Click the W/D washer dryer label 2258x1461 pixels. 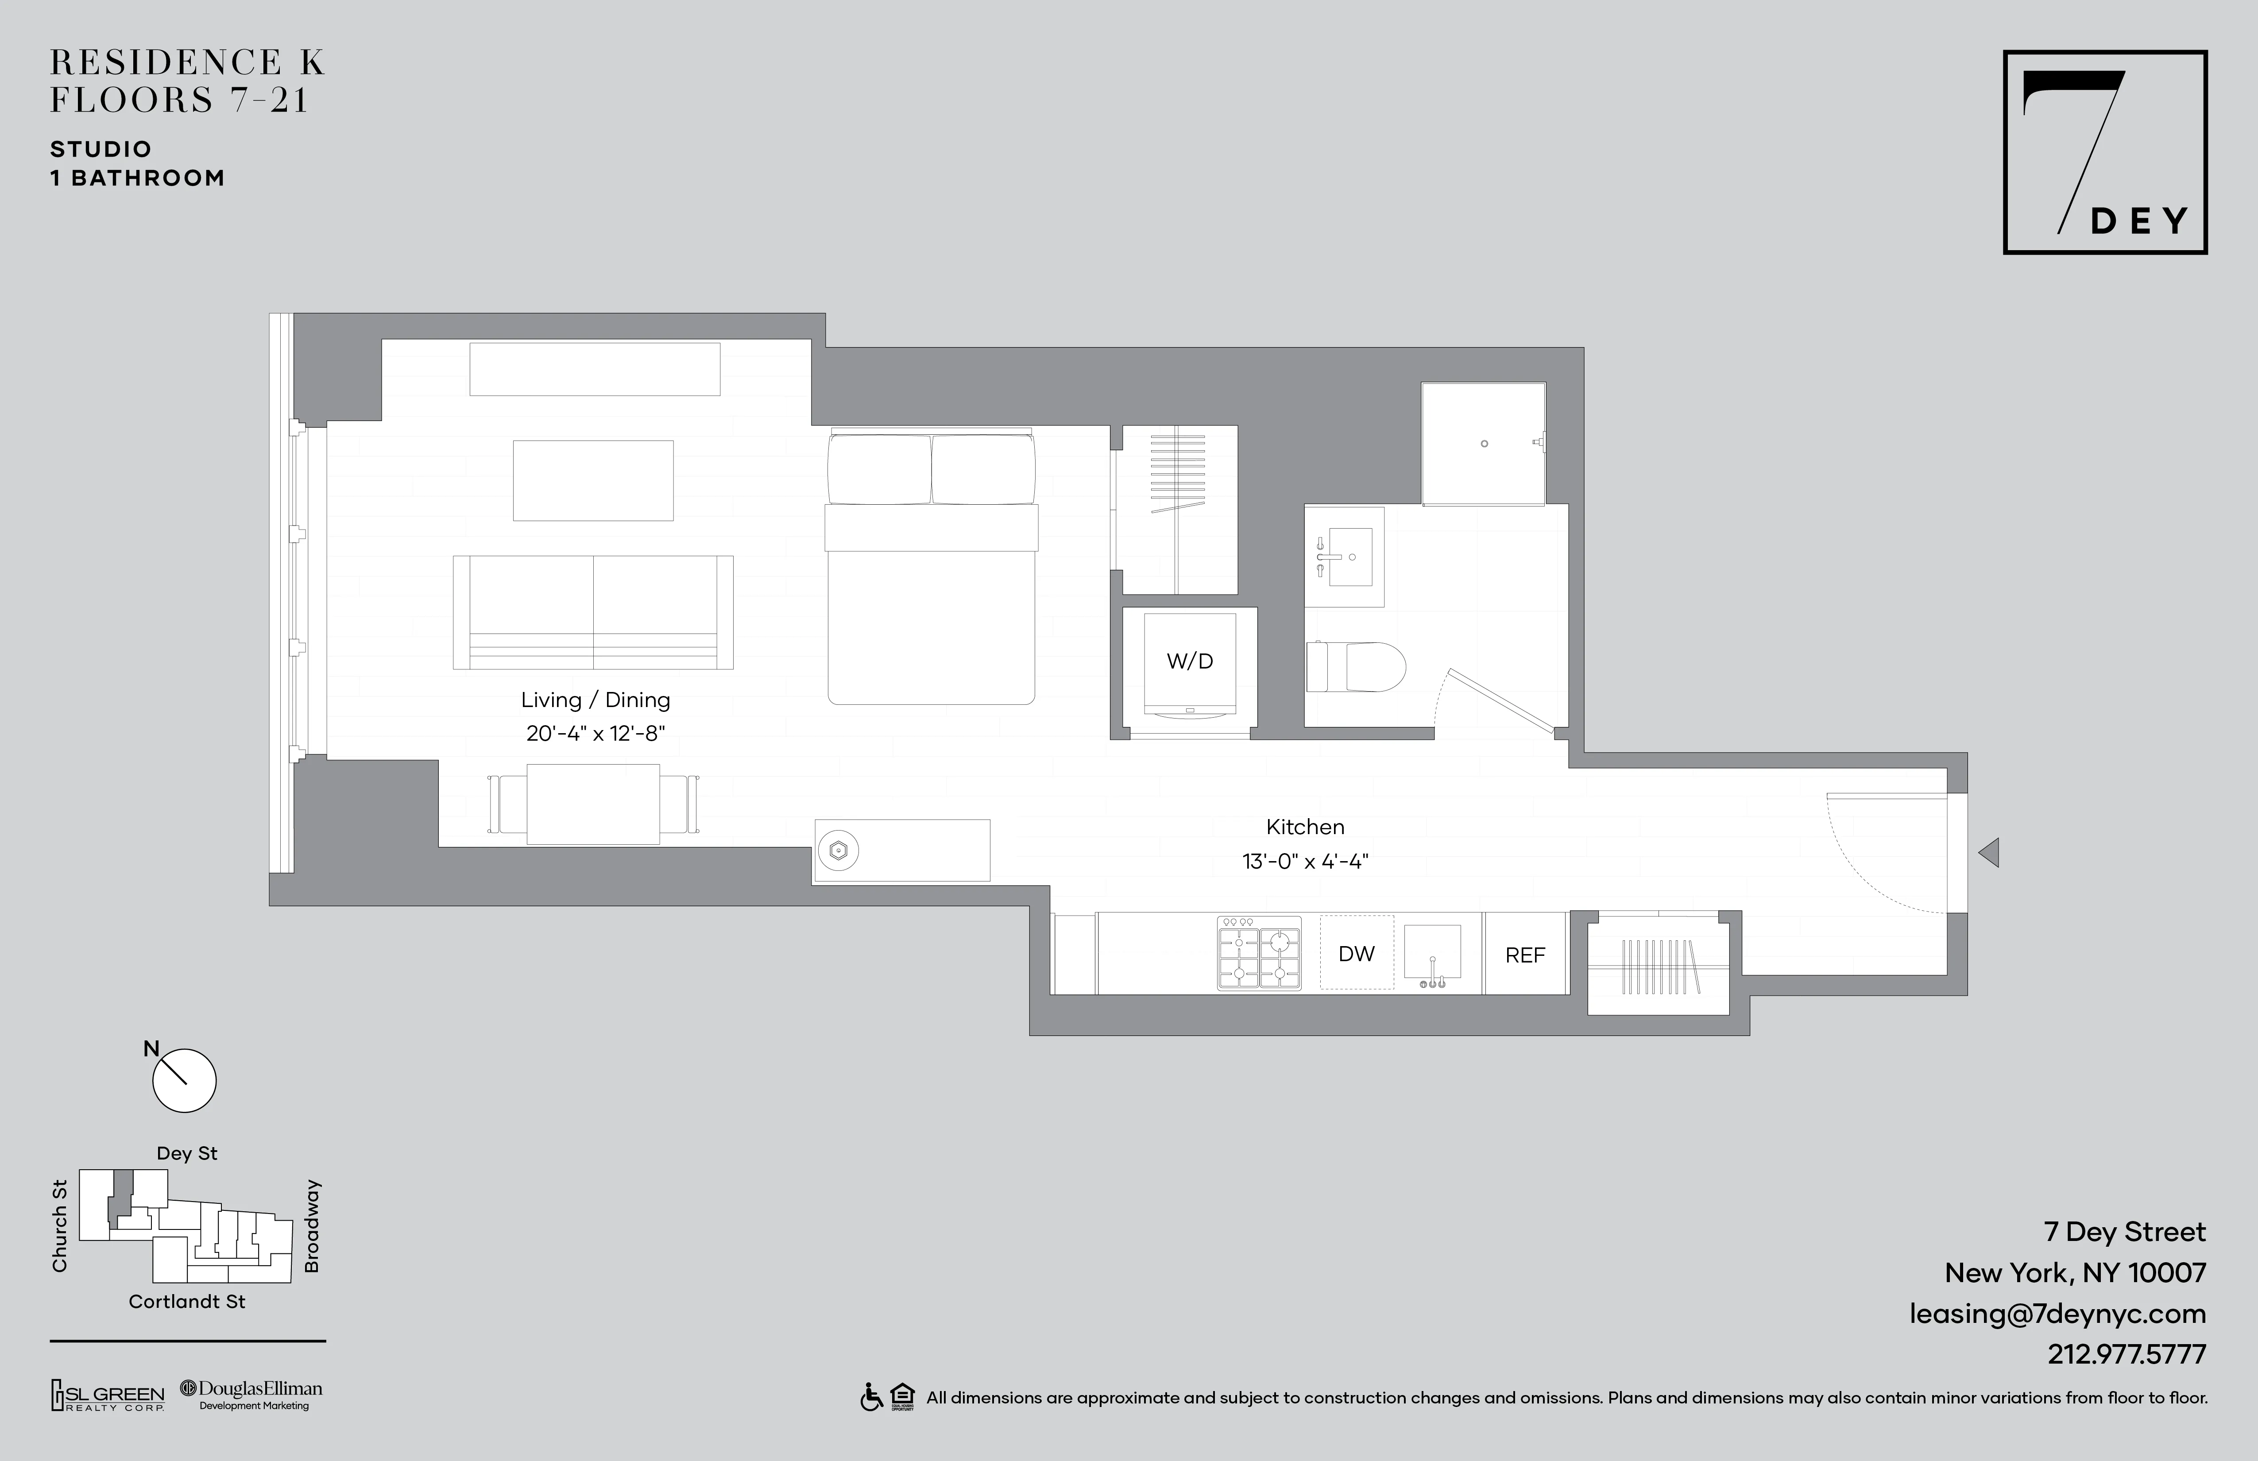[x=1190, y=661]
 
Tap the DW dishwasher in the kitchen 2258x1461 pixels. [x=1357, y=954]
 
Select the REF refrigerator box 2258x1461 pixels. [x=1525, y=955]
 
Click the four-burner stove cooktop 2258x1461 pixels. [x=1259, y=954]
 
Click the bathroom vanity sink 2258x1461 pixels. [x=1344, y=557]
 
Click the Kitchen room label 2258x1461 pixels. [x=1304, y=826]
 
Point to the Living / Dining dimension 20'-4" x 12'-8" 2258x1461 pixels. [x=596, y=733]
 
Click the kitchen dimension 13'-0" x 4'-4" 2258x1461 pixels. [x=1304, y=862]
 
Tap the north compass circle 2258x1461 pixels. [x=185, y=1081]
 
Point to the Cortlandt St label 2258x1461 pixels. [x=187, y=1302]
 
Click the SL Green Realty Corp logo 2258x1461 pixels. [x=107, y=1395]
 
